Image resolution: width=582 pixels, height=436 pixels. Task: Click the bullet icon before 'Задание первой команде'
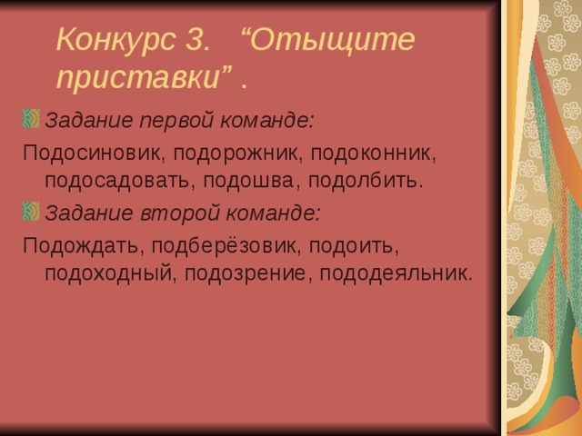[31, 119]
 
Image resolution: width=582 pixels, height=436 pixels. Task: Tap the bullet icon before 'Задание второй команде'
[31, 213]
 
